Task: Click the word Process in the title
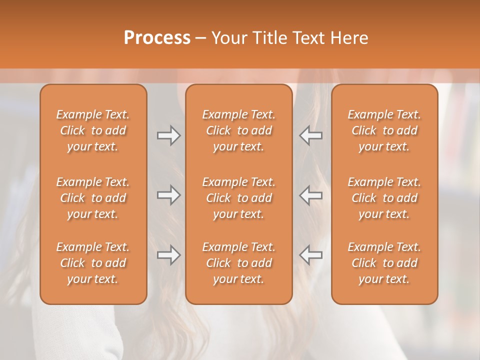157,38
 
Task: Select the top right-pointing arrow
169,135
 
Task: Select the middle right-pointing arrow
169,195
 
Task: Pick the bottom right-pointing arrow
169,255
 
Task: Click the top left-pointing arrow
310,135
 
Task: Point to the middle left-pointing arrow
310,195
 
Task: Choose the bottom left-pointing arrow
310,255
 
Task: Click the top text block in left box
93,130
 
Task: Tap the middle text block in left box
93,198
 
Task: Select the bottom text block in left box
93,263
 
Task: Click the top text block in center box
238,130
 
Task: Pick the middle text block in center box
238,198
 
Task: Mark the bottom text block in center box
238,263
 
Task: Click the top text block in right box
384,130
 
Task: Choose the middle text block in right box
384,198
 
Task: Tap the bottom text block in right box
384,263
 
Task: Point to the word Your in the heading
228,38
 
